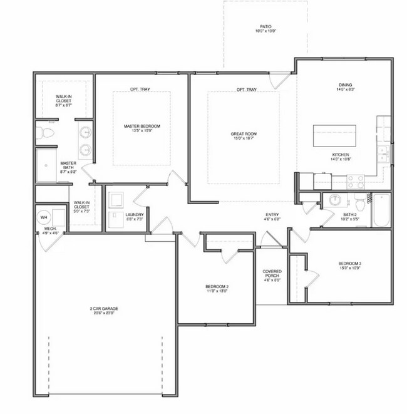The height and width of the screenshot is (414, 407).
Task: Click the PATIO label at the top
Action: coord(265,26)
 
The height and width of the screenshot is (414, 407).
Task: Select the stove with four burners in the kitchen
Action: coord(356,180)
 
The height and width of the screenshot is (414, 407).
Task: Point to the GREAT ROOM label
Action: coord(244,134)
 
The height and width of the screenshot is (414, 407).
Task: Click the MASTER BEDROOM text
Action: coord(142,127)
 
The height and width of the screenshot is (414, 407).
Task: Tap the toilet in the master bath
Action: coord(44,133)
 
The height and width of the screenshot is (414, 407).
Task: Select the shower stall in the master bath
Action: coord(45,165)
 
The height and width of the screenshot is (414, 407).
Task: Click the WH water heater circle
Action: coord(44,217)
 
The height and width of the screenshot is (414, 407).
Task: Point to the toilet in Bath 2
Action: coord(360,204)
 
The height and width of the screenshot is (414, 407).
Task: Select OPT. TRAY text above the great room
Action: coord(246,90)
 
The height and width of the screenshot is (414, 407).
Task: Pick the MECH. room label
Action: coord(50,229)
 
